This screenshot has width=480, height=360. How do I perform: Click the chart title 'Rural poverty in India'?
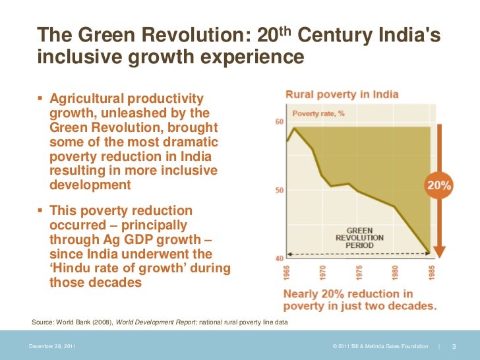tap(342, 94)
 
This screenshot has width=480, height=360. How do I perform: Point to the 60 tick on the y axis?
tap(279, 121)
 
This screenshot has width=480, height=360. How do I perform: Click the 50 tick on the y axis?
tap(279, 191)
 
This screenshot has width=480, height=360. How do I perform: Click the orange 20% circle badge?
tap(439, 186)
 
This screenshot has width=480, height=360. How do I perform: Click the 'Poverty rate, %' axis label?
tap(318, 113)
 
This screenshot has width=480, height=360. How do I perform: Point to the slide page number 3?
tap(454, 347)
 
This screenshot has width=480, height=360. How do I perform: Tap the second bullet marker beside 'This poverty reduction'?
tap(41, 210)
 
